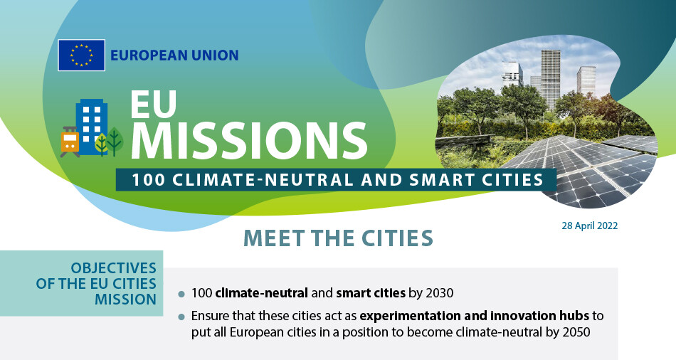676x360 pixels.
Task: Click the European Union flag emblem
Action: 82,55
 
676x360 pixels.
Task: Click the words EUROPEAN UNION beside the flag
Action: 174,55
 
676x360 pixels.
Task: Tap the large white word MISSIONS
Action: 249,140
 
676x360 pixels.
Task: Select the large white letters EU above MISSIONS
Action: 154,104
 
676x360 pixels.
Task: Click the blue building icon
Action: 92,127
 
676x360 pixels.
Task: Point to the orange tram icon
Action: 70,142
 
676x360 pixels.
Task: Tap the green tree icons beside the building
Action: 109,142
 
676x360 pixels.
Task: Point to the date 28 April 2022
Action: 589,226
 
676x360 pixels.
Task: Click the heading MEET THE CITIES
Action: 338,238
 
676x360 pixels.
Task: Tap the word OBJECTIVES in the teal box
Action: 113,268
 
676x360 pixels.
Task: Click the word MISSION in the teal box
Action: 125,300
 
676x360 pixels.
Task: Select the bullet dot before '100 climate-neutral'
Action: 181,294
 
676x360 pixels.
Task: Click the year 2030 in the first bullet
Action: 439,293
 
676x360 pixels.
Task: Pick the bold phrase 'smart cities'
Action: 371,293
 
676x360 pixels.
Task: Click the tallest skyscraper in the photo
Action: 551,80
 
